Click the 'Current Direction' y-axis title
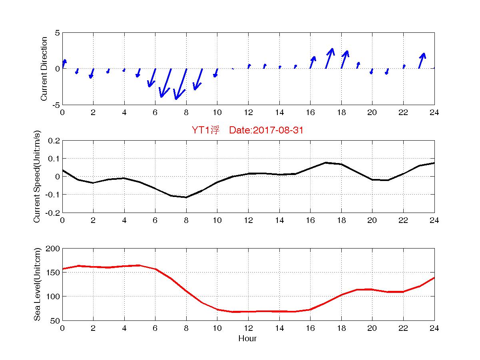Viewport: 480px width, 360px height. pos(44,69)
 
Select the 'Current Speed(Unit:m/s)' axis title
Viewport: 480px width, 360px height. pos(37,177)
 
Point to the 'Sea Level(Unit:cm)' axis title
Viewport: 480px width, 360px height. pos(37,284)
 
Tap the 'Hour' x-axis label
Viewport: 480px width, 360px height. pos(247,339)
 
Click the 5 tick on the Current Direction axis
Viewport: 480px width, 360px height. pos(57,33)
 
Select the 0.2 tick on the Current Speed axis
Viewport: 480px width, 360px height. pos(54,141)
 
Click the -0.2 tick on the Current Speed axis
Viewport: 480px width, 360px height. pos(53,213)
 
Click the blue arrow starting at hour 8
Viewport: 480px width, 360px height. pos(181,84)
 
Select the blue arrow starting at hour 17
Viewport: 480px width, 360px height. pos(329,58)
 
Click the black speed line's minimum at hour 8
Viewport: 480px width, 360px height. pos(186,197)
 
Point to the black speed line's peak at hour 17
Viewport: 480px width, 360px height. pos(326,163)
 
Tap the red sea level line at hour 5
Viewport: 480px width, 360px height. pos(139,265)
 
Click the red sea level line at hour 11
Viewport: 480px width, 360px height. pos(232,312)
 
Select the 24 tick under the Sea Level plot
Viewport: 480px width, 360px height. pos(434,328)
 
